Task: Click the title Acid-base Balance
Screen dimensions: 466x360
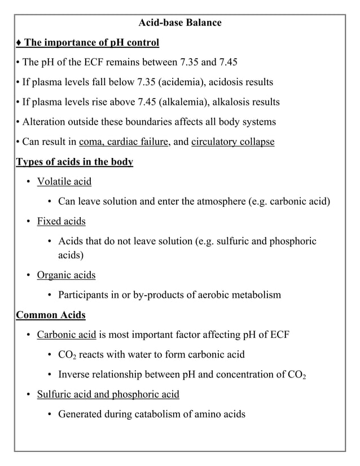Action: tap(180, 23)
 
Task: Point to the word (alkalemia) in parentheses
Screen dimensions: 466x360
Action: tap(185, 102)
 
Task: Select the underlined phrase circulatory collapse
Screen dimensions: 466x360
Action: tap(232, 142)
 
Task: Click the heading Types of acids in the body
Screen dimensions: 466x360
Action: tap(74, 162)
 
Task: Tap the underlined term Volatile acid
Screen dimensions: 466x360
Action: tap(64, 182)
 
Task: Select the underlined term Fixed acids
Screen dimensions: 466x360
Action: tap(61, 221)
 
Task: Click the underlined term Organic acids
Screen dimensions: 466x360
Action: tap(66, 275)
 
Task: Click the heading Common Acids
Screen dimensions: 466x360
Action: tap(51, 315)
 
